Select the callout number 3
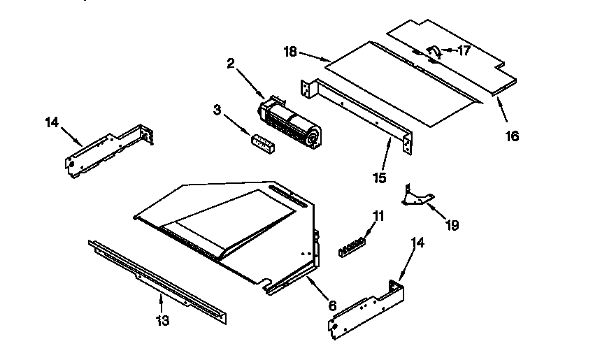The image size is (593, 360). click(217, 110)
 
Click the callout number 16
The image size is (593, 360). click(512, 136)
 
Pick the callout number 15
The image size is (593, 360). click(379, 178)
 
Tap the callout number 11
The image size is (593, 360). click(378, 216)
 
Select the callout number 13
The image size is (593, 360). click(162, 321)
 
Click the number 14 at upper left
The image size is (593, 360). click(52, 122)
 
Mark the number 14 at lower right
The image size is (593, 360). click(417, 243)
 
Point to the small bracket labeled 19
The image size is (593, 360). click(417, 196)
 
